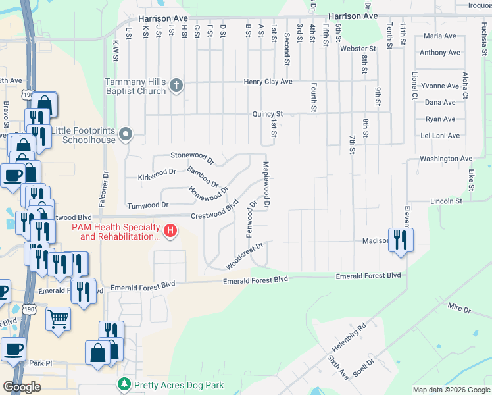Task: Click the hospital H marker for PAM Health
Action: [170, 231]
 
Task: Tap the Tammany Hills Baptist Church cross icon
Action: [176, 85]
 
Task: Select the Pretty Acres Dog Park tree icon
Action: [123, 385]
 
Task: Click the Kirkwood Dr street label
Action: [157, 174]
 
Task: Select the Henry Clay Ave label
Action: [268, 82]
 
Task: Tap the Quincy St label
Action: [267, 114]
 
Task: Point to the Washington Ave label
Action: [446, 159]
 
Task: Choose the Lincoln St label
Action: [447, 200]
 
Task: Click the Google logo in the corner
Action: [22, 387]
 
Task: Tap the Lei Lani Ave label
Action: [440, 136]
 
